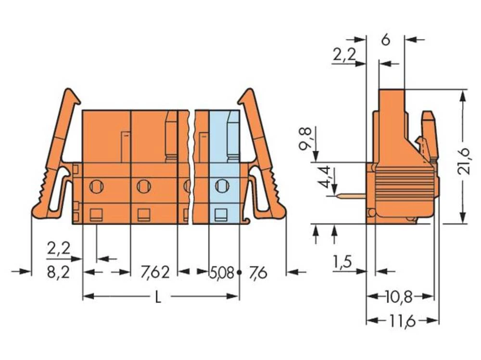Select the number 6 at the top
point(385,40)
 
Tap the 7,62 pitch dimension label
point(155,273)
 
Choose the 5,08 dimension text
point(221,273)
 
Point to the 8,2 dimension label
point(59,273)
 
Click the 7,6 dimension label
point(258,273)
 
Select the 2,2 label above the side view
point(344,56)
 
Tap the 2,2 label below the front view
point(59,249)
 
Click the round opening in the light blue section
point(222,186)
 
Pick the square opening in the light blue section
point(221,214)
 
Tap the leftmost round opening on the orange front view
point(96,186)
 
